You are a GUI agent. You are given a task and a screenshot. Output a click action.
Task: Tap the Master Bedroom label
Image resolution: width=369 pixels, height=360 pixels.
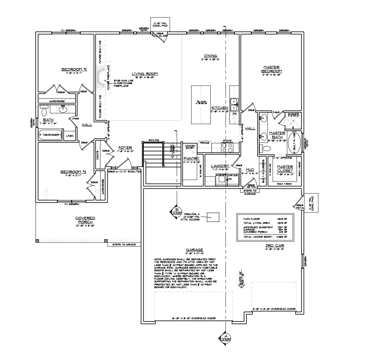pyautogui.click(x=271, y=69)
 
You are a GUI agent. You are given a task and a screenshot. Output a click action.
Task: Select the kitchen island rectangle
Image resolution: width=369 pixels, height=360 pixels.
pyautogui.click(x=201, y=104)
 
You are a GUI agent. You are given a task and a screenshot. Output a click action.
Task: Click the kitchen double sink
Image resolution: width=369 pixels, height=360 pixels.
pyautogui.click(x=233, y=105)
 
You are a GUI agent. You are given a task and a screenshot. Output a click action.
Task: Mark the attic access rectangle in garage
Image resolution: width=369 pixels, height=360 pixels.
pyautogui.click(x=213, y=217)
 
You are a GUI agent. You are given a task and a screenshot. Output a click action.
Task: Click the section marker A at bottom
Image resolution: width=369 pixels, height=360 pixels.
pyautogui.click(x=225, y=338)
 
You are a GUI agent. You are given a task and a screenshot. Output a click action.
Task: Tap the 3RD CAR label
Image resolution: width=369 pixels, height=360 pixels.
pyautogui.click(x=275, y=246)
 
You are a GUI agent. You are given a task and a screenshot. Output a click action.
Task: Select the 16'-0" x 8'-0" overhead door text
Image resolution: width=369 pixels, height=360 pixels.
pyautogui.click(x=194, y=318)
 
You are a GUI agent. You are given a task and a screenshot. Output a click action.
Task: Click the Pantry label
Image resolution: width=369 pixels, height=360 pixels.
pyautogui.click(x=191, y=158)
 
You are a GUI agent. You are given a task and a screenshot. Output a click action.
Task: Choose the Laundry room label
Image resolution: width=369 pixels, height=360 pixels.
pyautogui.click(x=220, y=166)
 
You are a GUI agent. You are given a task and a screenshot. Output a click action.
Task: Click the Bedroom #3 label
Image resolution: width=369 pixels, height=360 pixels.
pyautogui.click(x=73, y=172)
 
